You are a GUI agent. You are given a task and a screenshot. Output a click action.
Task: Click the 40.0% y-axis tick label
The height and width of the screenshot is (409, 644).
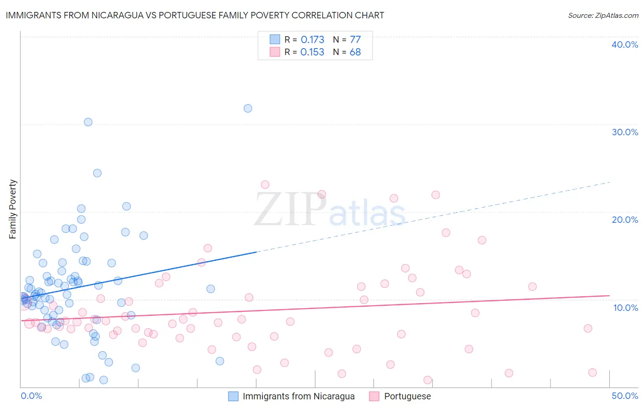(625, 44)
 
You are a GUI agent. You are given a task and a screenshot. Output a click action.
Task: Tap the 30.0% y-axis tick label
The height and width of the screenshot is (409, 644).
(625, 132)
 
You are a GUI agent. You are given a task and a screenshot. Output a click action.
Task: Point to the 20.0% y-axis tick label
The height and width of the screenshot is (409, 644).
(625, 220)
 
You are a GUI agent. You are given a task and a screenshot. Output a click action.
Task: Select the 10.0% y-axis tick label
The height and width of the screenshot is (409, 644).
(626, 308)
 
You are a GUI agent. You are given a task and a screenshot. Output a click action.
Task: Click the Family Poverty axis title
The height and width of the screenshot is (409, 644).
(13, 209)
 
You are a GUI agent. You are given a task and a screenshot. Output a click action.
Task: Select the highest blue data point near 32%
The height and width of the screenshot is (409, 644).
(248, 108)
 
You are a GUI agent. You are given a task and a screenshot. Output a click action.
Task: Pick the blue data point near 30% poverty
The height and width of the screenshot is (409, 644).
(88, 122)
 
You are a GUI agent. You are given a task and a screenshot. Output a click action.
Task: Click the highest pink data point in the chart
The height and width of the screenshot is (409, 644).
(265, 184)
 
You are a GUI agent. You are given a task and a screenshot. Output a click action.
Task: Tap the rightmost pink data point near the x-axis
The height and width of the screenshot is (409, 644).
(592, 372)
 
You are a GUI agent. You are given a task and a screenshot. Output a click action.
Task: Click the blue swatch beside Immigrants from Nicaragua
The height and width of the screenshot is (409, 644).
(233, 396)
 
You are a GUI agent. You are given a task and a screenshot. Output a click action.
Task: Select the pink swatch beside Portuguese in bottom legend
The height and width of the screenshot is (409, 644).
(374, 396)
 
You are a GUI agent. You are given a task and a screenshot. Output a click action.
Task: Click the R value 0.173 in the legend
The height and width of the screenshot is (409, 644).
(312, 40)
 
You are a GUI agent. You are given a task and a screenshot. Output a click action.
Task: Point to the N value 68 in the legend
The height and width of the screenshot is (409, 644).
(355, 52)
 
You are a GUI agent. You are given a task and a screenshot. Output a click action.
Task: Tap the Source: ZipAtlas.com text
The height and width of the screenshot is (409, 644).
(603, 16)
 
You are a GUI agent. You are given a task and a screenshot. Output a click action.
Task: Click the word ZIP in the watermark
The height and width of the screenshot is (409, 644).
(290, 209)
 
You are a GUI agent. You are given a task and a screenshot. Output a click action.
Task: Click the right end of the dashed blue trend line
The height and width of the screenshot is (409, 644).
(610, 182)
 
